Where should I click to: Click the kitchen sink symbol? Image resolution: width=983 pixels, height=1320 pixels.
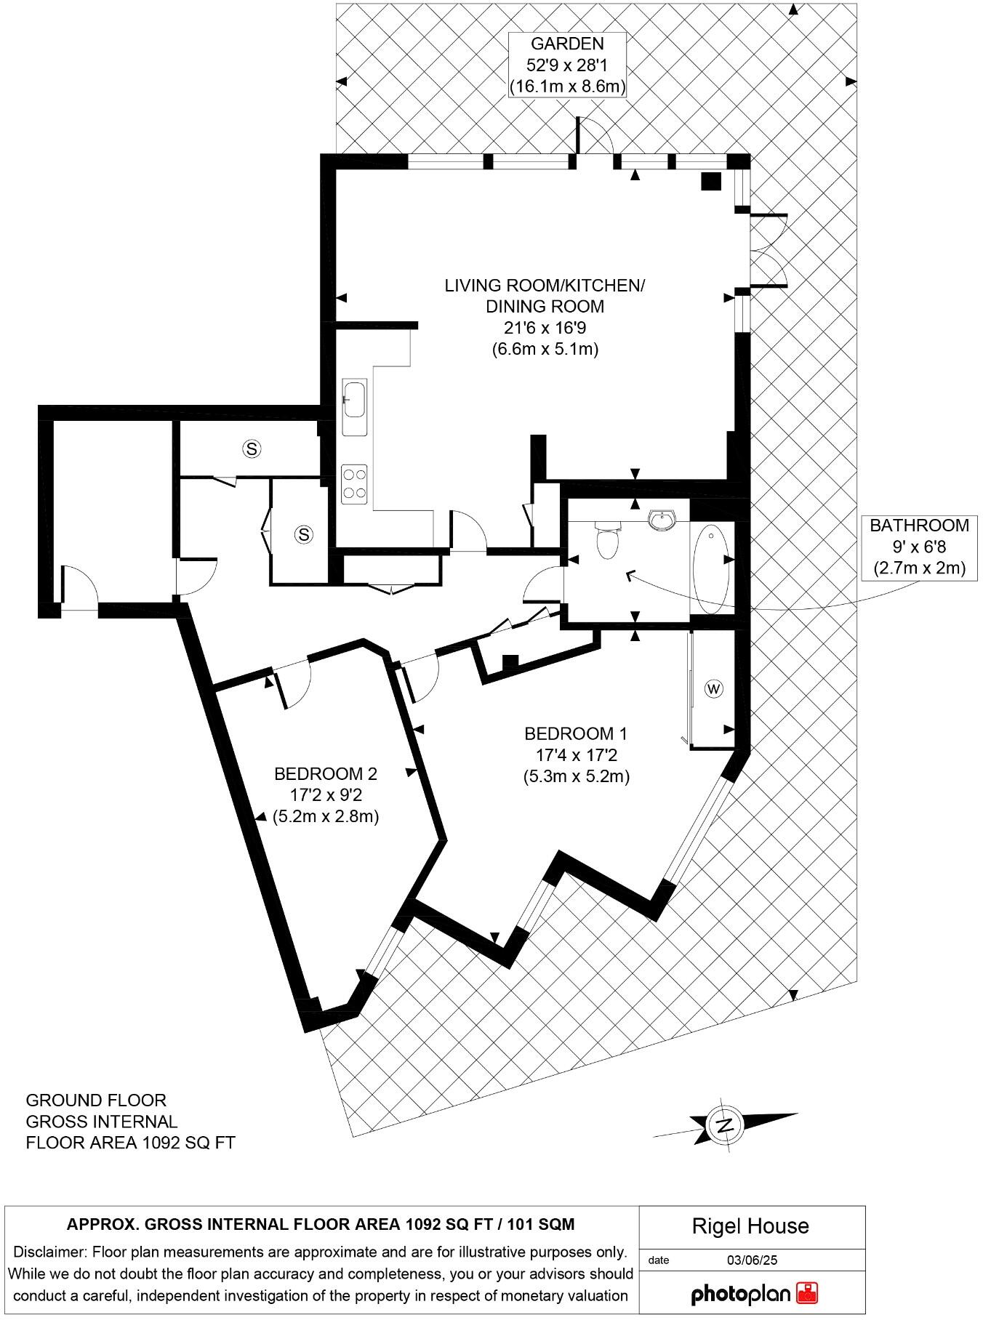pos(355,399)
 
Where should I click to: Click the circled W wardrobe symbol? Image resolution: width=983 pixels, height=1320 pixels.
pos(714,688)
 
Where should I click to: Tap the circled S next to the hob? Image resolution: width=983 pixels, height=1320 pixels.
pos(303,535)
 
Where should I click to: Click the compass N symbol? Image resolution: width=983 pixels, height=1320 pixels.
pos(724,1126)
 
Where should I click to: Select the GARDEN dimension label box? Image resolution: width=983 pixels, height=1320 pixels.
pos(567,65)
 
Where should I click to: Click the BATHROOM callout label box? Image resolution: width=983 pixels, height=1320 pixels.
pos(919,546)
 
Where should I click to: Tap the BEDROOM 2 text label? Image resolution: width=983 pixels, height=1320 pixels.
pos(325,773)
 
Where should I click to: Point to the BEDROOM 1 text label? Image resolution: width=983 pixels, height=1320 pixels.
pos(575,733)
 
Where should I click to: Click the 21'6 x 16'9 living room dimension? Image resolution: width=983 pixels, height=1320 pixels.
pos(545,328)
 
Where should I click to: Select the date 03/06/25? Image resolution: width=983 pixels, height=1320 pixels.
pos(752,1260)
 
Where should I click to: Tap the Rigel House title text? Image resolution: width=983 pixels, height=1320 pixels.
pos(750,1226)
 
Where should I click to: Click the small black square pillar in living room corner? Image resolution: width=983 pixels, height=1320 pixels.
pos(710,181)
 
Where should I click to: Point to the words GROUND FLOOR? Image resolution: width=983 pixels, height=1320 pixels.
pos(96,1100)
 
